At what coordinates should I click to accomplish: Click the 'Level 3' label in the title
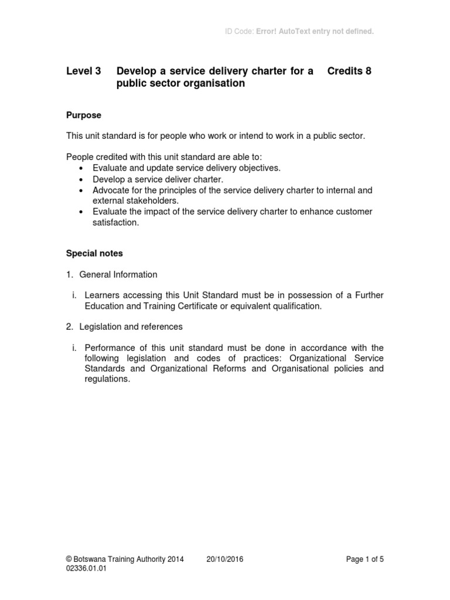click(x=83, y=71)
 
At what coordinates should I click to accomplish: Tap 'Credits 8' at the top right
click(x=349, y=71)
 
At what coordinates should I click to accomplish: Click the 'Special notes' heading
click(x=94, y=254)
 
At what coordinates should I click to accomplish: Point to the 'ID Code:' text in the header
click(x=239, y=31)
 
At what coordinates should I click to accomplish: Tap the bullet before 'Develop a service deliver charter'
click(x=80, y=180)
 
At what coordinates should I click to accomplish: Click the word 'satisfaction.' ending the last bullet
click(x=115, y=223)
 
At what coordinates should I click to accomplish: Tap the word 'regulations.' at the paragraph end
click(x=107, y=379)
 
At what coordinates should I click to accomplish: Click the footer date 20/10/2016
click(x=225, y=559)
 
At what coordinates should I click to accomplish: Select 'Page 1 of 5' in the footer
click(x=365, y=559)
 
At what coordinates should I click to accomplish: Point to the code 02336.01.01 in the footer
click(x=87, y=568)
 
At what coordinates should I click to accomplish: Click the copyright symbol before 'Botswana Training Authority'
click(x=69, y=559)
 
